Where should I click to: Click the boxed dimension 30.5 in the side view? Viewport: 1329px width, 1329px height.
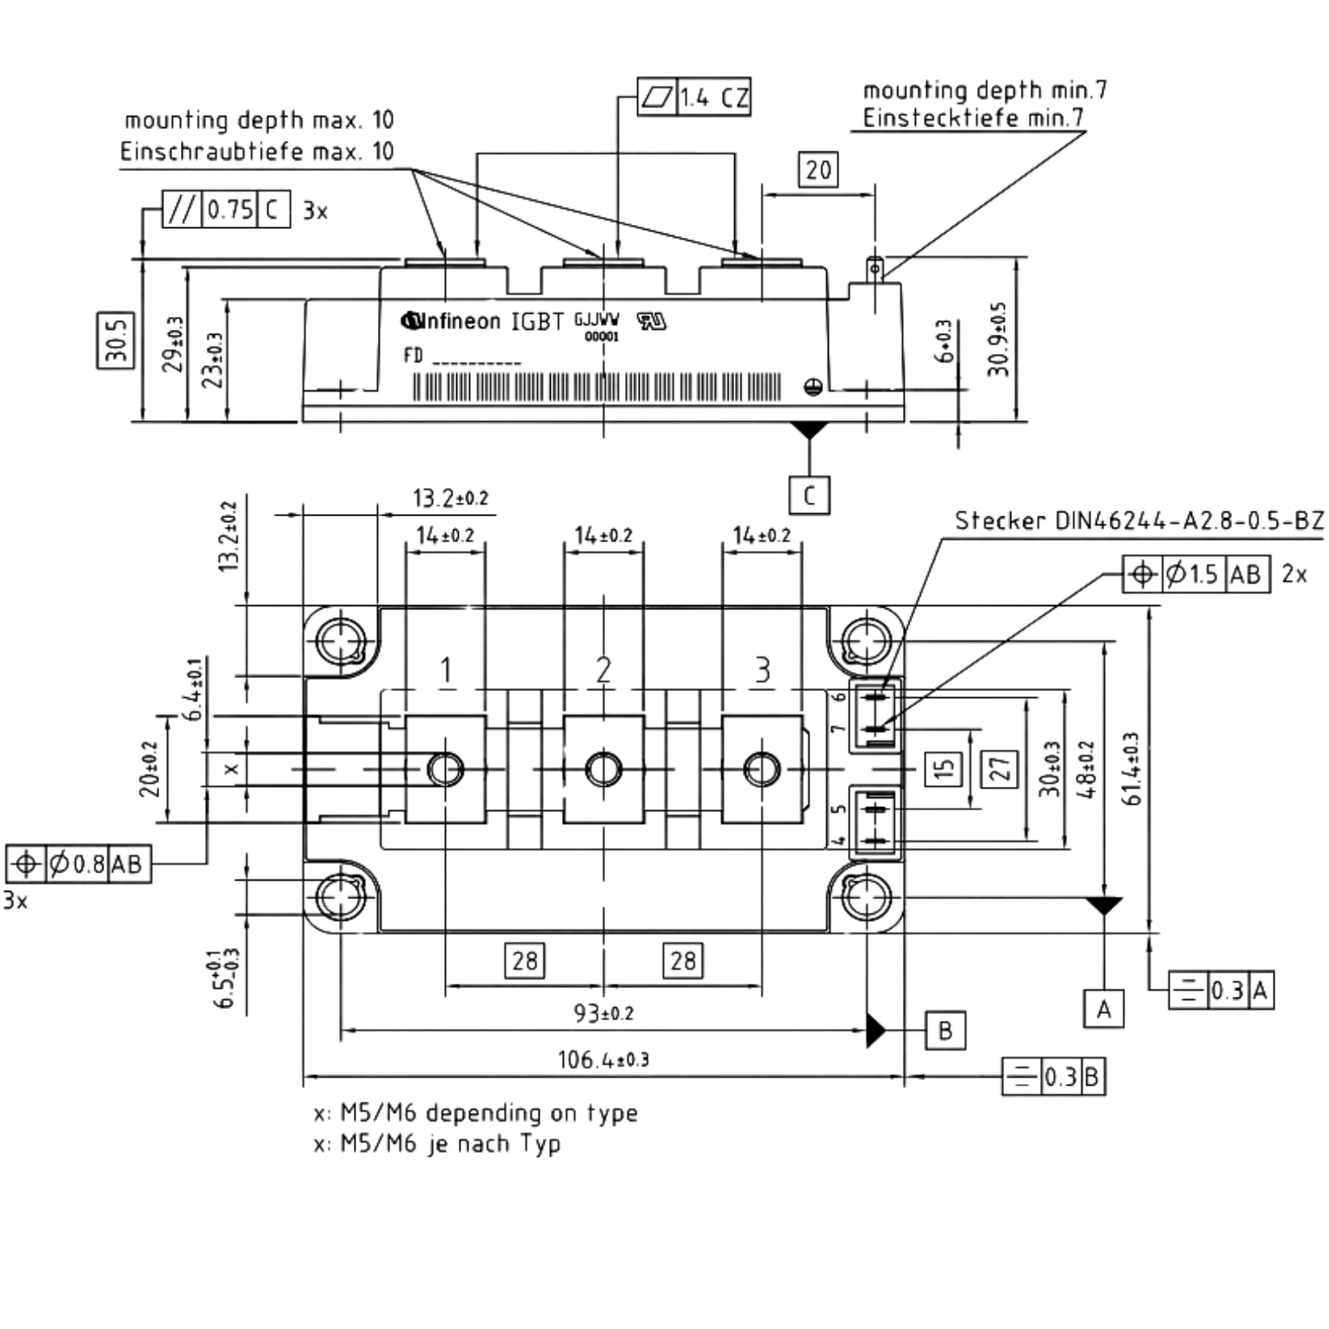coord(116,339)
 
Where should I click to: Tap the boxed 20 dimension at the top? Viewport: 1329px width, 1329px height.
coord(819,169)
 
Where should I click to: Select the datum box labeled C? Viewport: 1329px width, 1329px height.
coord(809,495)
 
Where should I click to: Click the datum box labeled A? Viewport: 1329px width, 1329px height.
coord(1104,1008)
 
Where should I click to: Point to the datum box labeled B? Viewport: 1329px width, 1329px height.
coord(945,1030)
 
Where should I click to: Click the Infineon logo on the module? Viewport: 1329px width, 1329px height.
coord(451,321)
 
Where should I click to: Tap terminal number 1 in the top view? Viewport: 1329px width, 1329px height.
coord(446,670)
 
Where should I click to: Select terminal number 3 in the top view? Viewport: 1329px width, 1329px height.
coord(762,670)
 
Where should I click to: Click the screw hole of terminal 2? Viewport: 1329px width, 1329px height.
coord(603,769)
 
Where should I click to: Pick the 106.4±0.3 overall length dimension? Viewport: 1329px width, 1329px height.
coord(603,1059)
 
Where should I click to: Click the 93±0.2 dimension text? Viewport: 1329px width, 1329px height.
coord(603,1013)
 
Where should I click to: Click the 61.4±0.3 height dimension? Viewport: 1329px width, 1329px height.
coord(1132,768)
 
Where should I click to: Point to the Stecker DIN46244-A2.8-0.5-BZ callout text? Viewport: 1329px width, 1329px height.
coord(1140,521)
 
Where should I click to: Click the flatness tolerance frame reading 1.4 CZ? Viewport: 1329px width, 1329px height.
coord(693,97)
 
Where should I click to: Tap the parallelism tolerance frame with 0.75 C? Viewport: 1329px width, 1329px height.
coord(226,209)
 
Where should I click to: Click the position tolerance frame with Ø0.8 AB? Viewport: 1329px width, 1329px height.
coord(78,864)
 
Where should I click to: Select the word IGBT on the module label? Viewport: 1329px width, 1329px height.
coord(537,321)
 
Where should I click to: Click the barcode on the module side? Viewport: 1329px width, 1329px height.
coord(597,387)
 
